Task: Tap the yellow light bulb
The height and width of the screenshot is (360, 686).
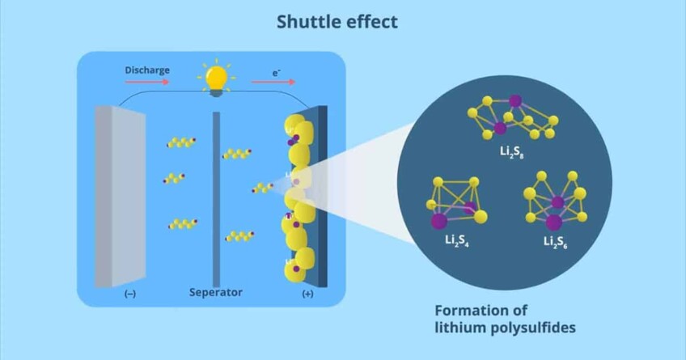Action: coord(215,79)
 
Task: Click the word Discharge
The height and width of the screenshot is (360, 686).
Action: coord(146,70)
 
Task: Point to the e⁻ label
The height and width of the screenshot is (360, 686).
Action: coord(276,70)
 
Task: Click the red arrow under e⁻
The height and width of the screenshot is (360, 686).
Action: coord(267,82)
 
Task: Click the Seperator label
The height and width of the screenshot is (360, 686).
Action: coord(215,292)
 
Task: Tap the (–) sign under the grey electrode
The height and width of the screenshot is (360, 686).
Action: coord(129,294)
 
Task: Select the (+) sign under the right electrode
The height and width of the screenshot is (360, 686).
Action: coord(307,294)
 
